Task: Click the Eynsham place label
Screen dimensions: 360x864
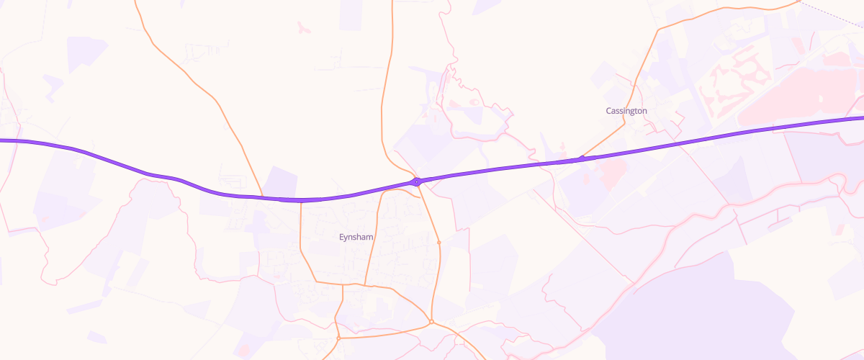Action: tap(357, 236)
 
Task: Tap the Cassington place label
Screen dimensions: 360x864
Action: tap(626, 111)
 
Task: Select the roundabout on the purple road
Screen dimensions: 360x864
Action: tap(417, 181)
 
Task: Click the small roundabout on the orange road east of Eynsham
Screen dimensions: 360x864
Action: tap(438, 243)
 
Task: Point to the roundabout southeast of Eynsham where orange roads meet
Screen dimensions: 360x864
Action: tap(431, 322)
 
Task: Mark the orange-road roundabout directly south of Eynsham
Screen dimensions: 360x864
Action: tap(338, 338)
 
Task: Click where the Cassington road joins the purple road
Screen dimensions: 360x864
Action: tap(581, 158)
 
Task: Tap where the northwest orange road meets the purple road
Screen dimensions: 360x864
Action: tap(263, 197)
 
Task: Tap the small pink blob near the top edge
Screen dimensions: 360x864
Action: tap(302, 28)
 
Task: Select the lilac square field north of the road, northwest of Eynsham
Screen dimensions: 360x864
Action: tap(282, 181)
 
